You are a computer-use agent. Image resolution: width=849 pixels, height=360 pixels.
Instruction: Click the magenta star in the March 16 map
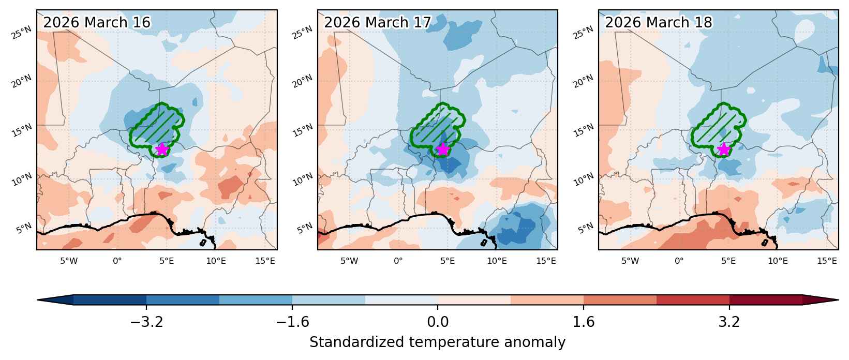pos(162,149)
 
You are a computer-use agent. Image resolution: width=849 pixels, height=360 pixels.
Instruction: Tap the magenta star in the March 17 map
pos(443,149)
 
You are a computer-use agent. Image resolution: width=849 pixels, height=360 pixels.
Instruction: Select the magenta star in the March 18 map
pos(724,149)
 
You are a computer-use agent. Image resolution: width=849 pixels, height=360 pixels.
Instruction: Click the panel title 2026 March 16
pos(97,22)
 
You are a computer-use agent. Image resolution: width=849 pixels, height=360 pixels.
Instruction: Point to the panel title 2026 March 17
pos(378,22)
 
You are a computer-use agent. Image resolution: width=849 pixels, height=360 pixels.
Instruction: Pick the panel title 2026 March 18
pos(659,22)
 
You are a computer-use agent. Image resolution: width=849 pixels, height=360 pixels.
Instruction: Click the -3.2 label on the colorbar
pos(146,322)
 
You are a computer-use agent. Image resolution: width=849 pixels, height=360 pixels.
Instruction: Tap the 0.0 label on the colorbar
pos(438,322)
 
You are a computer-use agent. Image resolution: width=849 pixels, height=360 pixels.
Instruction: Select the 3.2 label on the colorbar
pos(729,322)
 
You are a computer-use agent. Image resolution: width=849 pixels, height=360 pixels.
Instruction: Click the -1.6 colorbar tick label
pos(292,322)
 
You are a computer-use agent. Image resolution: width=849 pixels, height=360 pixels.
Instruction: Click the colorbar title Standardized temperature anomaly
pos(437,342)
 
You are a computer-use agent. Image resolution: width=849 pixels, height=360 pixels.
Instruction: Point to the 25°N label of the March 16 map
pos(22,33)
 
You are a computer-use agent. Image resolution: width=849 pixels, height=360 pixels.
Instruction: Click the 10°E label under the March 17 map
pos(497,261)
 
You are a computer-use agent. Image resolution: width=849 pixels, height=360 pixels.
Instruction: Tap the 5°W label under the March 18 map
pos(630,261)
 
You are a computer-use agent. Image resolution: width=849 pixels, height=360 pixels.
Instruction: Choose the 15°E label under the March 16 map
pos(265,261)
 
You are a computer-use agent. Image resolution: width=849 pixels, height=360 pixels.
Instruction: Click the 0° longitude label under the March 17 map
pos(398,261)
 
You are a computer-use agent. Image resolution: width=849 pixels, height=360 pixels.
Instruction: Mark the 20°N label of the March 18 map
pos(584,82)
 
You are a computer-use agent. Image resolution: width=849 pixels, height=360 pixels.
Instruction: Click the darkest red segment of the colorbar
pos(766,300)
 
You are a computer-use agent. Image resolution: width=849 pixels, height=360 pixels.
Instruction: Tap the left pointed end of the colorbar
pos(38,300)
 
